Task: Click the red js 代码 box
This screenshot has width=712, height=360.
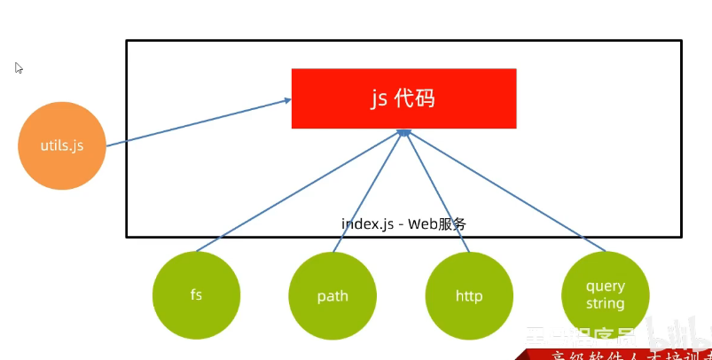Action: (x=403, y=98)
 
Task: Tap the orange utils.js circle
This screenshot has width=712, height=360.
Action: (x=62, y=146)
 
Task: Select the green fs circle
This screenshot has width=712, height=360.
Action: (x=196, y=295)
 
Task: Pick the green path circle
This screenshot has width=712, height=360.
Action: (x=333, y=295)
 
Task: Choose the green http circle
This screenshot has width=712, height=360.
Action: (x=469, y=295)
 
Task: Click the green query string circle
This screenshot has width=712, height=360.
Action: (x=606, y=295)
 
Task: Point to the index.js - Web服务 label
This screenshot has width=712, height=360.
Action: (x=403, y=223)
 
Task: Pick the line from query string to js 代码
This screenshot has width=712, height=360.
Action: (x=505, y=191)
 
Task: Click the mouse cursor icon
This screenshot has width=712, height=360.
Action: (x=19, y=68)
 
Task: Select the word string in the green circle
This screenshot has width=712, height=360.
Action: (x=606, y=303)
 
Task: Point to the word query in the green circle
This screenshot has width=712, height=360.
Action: (x=606, y=286)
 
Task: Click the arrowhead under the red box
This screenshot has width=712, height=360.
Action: (x=403, y=132)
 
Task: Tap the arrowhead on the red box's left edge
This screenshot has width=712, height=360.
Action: (x=287, y=101)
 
